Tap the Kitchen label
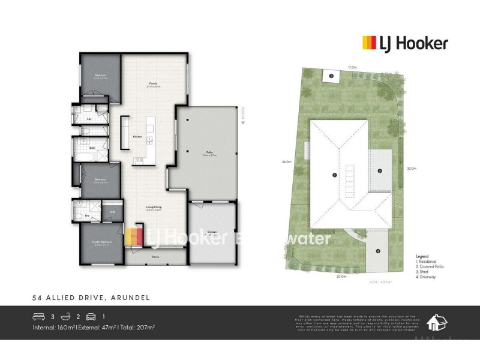[x=137, y=137]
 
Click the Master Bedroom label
[x=100, y=242]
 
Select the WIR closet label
[x=112, y=212]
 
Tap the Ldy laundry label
[x=89, y=119]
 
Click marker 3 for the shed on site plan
[x=331, y=76]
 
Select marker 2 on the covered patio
[x=380, y=171]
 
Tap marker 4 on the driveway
[x=378, y=251]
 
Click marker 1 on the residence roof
[x=334, y=175]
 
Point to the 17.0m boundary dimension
[x=352, y=67]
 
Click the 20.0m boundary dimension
[x=341, y=277]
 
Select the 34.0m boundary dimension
[x=286, y=162]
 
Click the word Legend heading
[x=422, y=256]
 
